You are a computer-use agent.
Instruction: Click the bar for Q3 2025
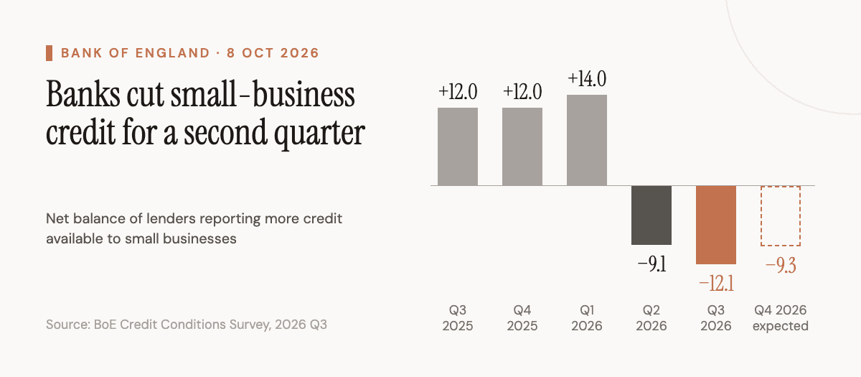click(x=458, y=146)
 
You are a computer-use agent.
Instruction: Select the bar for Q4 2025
click(x=522, y=146)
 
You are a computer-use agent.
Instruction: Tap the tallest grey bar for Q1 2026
click(x=587, y=141)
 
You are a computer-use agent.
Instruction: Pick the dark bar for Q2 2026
click(x=651, y=215)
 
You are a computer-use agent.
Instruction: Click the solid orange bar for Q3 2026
click(x=716, y=225)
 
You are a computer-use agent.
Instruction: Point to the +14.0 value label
click(x=587, y=79)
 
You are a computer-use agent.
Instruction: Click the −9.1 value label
click(x=651, y=264)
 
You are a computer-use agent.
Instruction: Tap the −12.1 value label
click(x=716, y=284)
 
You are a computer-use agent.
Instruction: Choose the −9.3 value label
click(x=781, y=266)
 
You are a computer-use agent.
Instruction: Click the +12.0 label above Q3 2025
click(x=458, y=92)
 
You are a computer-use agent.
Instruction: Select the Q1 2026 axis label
click(x=587, y=317)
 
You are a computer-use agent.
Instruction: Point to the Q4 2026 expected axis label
click(x=781, y=317)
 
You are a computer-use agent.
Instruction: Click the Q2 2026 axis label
click(x=651, y=317)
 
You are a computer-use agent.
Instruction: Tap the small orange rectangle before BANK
click(x=50, y=53)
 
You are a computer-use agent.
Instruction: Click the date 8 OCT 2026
click(x=273, y=53)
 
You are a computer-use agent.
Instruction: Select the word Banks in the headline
click(x=83, y=94)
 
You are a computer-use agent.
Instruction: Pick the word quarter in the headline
click(x=319, y=134)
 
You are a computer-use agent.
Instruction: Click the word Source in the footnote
click(x=67, y=325)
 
